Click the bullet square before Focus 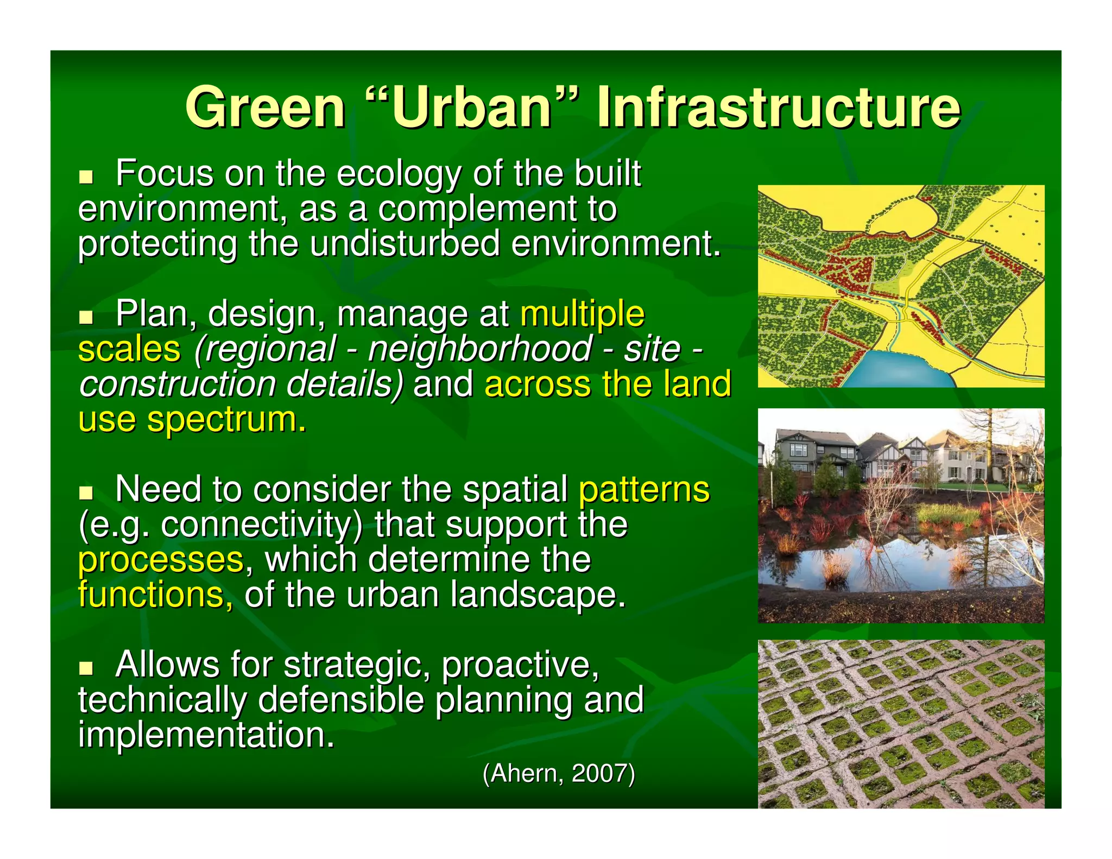[86, 177]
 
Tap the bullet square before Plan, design [86, 317]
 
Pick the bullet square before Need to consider [86, 492]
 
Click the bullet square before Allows [86, 667]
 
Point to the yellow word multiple [582, 315]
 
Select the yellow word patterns [644, 490]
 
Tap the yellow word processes [161, 560]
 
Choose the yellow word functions [155, 595]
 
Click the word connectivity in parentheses [261, 526]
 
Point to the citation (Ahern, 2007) [559, 773]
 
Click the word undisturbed [405, 244]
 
